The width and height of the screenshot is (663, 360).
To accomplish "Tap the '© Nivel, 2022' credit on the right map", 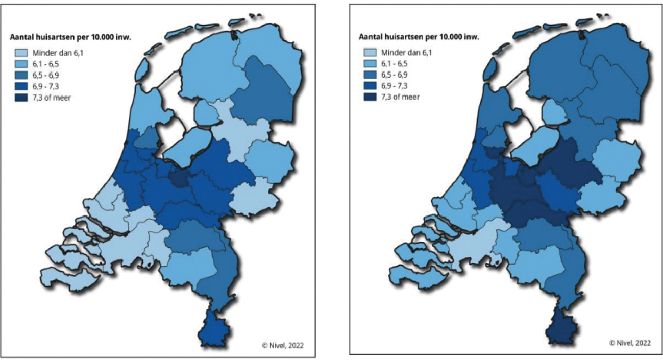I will tap(630, 343).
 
